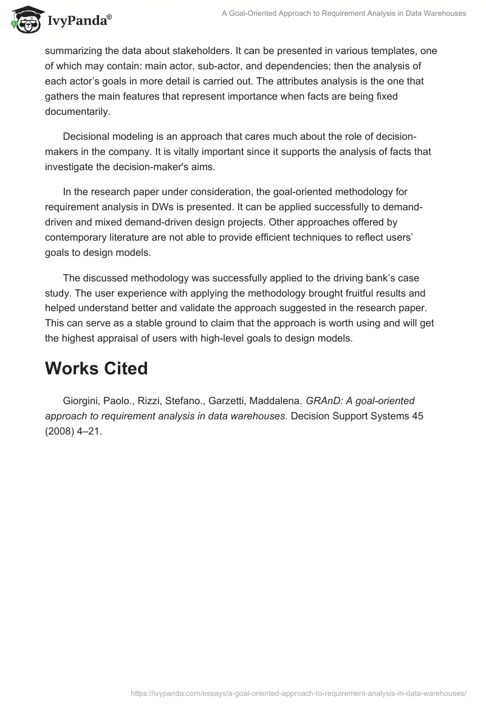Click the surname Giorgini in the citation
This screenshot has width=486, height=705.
click(83, 401)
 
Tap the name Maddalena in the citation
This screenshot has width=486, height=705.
click(274, 401)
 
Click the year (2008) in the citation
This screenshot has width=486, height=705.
click(60, 431)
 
